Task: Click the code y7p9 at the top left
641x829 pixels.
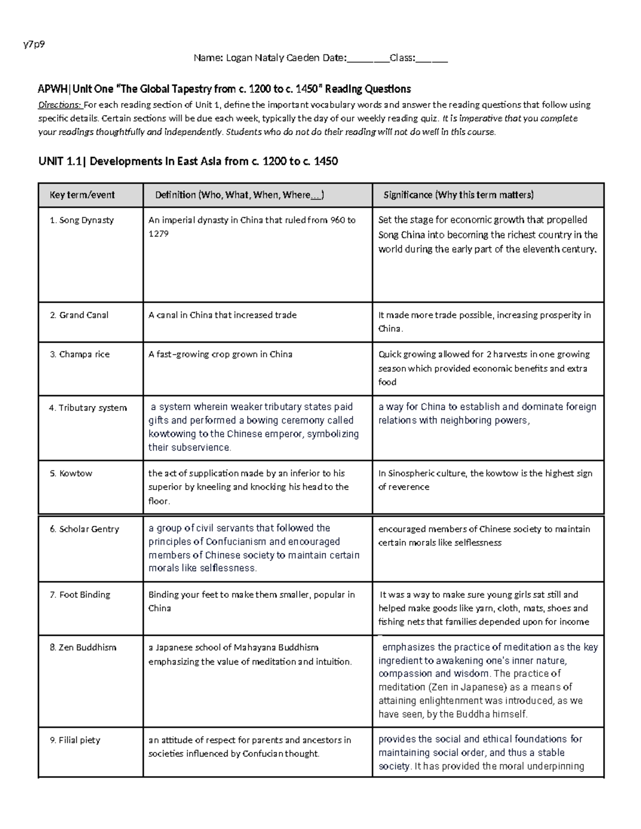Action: tap(34, 44)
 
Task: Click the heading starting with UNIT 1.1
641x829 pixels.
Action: tap(188, 161)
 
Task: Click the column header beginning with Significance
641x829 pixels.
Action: tap(458, 195)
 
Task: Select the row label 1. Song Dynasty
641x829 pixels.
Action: tap(81, 220)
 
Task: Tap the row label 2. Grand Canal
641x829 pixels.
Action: tap(79, 315)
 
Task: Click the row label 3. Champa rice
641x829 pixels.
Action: tap(80, 354)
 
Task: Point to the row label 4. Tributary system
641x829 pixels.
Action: tap(88, 408)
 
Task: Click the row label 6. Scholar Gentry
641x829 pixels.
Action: tap(84, 529)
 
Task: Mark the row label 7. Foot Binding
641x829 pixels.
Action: tap(80, 595)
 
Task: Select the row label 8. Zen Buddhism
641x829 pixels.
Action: tap(82, 648)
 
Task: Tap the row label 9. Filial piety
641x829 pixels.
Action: tap(75, 740)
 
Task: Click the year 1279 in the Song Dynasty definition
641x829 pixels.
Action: tap(158, 233)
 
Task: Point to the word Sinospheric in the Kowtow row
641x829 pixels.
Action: tap(415, 473)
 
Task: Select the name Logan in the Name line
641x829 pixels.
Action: tap(238, 58)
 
